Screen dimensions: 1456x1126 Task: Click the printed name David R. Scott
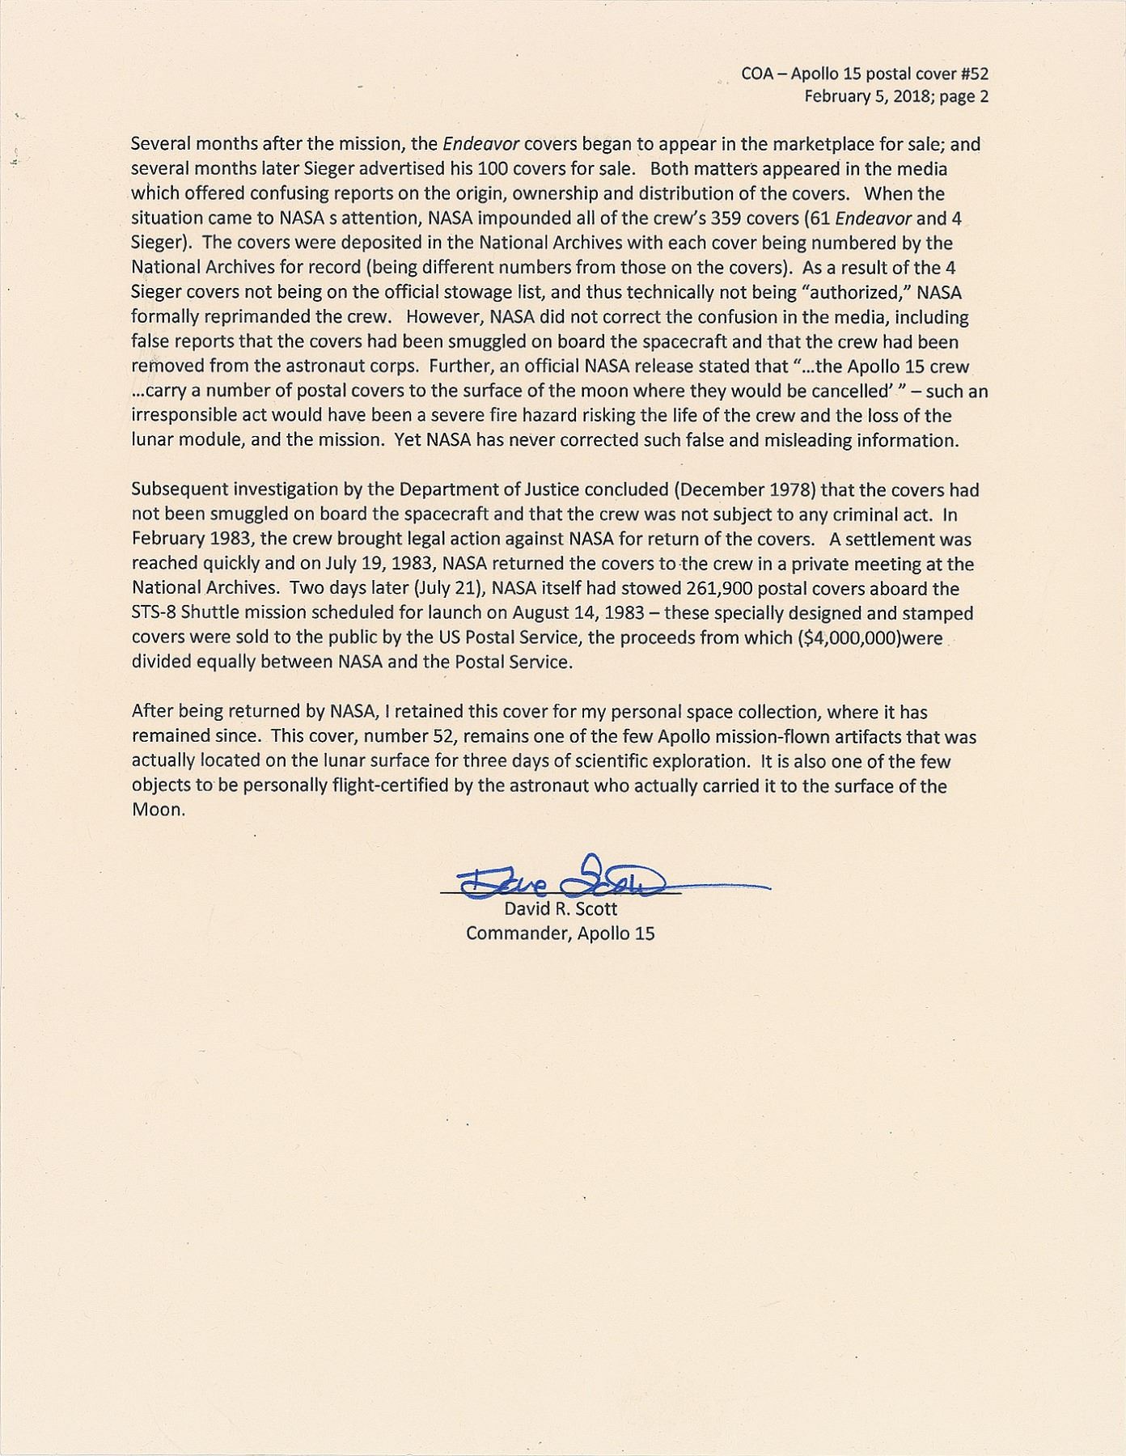click(561, 908)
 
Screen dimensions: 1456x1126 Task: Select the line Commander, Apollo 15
click(561, 933)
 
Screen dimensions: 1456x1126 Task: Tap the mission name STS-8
click(153, 612)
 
